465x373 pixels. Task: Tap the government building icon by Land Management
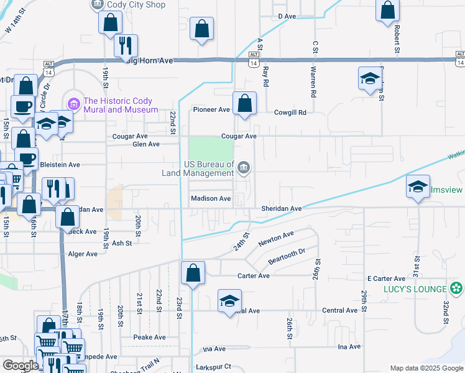click(244, 167)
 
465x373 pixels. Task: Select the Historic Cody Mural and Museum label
click(121, 105)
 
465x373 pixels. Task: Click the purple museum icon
click(74, 102)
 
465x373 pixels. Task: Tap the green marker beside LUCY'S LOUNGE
click(458, 288)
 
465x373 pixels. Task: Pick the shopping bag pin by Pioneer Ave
click(245, 103)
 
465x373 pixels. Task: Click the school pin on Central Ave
click(229, 300)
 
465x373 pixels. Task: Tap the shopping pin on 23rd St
click(193, 272)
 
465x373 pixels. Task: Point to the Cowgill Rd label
click(290, 113)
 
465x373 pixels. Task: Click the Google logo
click(21, 366)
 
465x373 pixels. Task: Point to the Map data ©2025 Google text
click(426, 368)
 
